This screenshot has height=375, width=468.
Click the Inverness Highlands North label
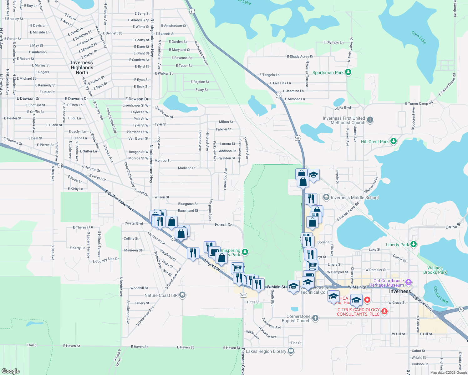(x=82, y=67)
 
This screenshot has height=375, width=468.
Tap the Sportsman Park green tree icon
(x=348, y=72)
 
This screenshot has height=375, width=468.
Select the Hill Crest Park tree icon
(x=394, y=141)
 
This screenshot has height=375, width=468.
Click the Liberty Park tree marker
(x=414, y=244)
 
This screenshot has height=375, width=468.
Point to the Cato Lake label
(x=419, y=37)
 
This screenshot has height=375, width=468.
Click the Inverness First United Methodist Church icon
(x=370, y=120)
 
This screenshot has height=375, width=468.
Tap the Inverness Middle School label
(x=355, y=197)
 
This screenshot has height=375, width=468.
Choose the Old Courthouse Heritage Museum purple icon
(x=409, y=282)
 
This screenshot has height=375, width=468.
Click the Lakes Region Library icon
(x=291, y=351)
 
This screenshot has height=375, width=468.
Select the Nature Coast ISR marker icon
(x=183, y=295)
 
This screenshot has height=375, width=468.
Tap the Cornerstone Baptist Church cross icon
(x=315, y=318)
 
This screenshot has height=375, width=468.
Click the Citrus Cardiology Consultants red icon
(x=384, y=311)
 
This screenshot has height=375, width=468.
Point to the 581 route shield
(x=244, y=295)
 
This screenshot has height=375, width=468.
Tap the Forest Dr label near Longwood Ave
(x=223, y=225)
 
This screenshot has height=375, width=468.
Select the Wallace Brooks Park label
(x=435, y=270)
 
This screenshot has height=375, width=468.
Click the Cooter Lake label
(x=441, y=295)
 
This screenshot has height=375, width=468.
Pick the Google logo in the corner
(x=11, y=371)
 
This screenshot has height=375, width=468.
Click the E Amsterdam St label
(x=174, y=26)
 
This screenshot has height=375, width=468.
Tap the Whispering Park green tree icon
(x=245, y=252)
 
